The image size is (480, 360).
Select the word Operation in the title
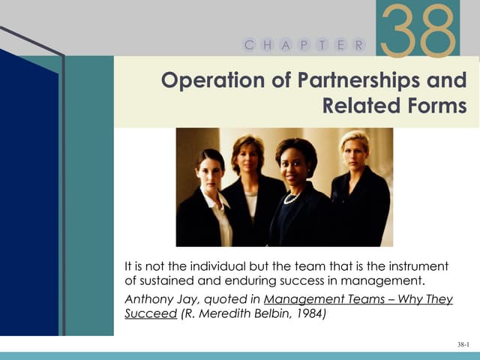[x=213, y=80]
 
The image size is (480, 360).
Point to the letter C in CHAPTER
[x=248, y=45]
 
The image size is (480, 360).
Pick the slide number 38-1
[x=463, y=344]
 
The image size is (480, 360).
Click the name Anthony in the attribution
[x=147, y=299]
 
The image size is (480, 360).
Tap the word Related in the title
[x=358, y=105]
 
